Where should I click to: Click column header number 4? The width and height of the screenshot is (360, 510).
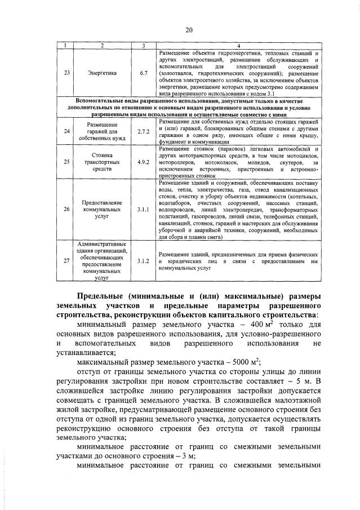238,45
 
